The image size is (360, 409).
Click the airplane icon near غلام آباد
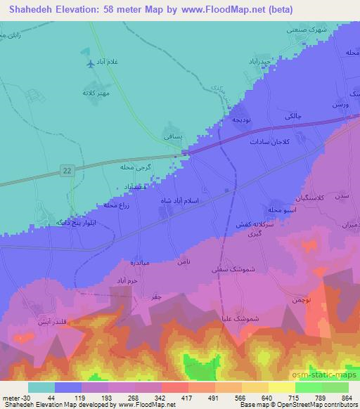[89, 65]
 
